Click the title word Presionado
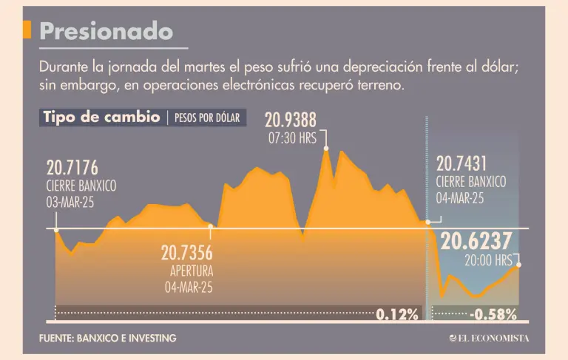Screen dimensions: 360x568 pyautogui.click(x=106, y=30)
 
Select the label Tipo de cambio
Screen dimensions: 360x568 pyautogui.click(x=102, y=118)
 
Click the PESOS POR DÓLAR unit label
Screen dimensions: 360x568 pyautogui.click(x=207, y=118)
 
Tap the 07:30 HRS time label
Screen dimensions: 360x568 pyautogui.click(x=291, y=137)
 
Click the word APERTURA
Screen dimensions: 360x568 pyautogui.click(x=192, y=271)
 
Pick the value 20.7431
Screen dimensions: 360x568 pyautogui.click(x=461, y=164)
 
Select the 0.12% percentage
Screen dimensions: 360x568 pyautogui.click(x=397, y=314)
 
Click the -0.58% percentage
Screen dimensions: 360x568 pyautogui.click(x=493, y=314)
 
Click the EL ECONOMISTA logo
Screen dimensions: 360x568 pyautogui.click(x=489, y=338)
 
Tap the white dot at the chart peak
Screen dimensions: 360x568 pyautogui.click(x=325, y=148)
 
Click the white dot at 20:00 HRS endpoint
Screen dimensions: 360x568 pyautogui.click(x=518, y=264)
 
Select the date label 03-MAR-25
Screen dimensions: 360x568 pyautogui.click(x=71, y=200)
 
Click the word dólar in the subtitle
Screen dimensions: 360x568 pyautogui.click(x=499, y=67)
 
